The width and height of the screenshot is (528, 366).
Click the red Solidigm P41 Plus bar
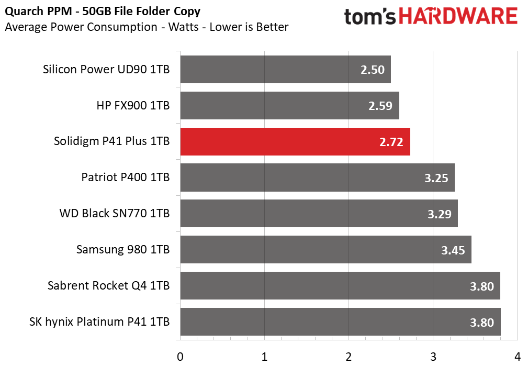295,141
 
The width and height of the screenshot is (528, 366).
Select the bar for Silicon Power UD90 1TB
286,70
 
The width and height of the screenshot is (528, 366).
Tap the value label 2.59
380,106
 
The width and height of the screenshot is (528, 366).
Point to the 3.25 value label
436,178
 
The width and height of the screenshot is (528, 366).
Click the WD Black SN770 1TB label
115,213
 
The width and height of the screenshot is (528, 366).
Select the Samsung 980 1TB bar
325,249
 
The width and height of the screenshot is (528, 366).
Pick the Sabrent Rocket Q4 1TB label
108,285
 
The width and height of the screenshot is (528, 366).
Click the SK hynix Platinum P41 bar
341,322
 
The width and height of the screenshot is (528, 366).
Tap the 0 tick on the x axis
180,357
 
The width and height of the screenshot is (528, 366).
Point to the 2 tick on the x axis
349,357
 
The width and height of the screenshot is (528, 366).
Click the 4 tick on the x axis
517,357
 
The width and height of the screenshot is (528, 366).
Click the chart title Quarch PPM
103,12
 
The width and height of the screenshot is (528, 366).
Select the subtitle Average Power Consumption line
147,27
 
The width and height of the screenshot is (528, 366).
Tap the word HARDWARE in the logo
458,16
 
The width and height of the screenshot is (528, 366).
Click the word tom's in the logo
370,17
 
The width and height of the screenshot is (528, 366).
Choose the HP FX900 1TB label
133,105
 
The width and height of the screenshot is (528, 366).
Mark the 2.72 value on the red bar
391,142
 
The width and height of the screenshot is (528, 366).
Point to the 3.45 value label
453,250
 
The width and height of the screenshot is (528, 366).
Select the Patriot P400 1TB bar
318,178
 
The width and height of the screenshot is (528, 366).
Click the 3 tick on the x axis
433,357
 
